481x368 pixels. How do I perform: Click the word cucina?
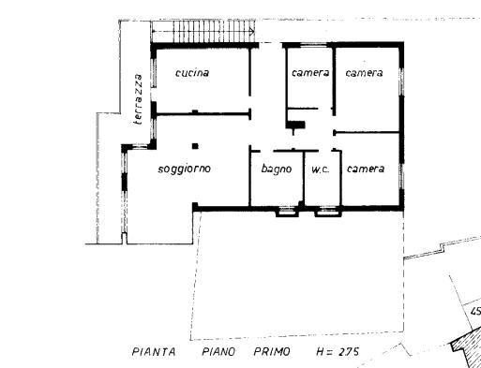(192, 73)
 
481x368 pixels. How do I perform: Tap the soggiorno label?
(185, 169)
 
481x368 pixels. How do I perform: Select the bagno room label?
(277, 169)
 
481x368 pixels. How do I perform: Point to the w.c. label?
(321, 169)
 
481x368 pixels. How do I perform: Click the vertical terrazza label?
(138, 99)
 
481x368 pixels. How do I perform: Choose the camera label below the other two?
(366, 169)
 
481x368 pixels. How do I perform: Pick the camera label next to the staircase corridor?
(310, 73)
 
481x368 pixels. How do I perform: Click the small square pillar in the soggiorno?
(195, 146)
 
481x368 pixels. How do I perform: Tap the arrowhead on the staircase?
(251, 31)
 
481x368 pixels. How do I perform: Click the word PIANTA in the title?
(154, 352)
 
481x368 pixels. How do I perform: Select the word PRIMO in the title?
(272, 352)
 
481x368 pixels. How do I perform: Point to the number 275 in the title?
(349, 352)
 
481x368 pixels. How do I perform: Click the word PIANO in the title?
(218, 352)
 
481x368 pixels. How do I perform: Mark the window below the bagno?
(287, 212)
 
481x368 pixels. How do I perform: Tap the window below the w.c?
(328, 212)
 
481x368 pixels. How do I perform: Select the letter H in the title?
(321, 352)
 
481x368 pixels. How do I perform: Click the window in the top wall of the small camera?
(313, 45)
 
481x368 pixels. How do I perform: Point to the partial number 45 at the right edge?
(476, 311)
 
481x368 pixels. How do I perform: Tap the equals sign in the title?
(331, 352)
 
